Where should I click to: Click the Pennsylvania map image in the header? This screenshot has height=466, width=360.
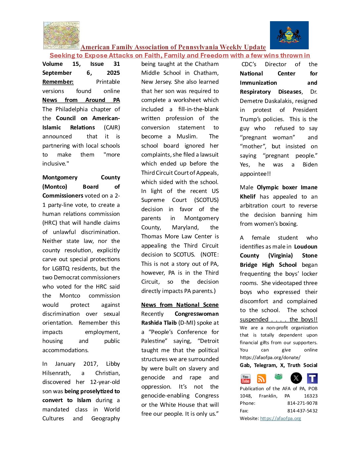pyautogui.click(x=62, y=35)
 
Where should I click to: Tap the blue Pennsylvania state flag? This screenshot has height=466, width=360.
pyautogui.click(x=289, y=35)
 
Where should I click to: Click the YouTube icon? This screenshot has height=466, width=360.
pyautogui.click(x=246, y=379)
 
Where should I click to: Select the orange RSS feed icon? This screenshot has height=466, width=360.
pyautogui.click(x=261, y=379)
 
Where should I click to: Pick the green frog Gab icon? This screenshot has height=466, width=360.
pyautogui.click(x=278, y=377)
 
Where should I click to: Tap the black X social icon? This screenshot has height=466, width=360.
pyautogui.click(x=296, y=378)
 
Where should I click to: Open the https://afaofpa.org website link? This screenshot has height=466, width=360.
pyautogui.click(x=280, y=418)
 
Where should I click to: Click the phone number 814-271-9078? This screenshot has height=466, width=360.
pyautogui.click(x=302, y=403)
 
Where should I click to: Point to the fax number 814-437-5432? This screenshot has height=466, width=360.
pyautogui.click(x=302, y=411)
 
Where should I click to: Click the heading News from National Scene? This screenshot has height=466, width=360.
pyautogui.click(x=180, y=305)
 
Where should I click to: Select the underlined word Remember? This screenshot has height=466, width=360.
pyautogui.click(x=58, y=82)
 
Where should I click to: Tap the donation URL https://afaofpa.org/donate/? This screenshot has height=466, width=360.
pyautogui.click(x=270, y=357)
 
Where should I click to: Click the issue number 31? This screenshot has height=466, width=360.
pyautogui.click(x=116, y=64)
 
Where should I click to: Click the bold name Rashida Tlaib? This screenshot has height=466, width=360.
pyautogui.click(x=159, y=323)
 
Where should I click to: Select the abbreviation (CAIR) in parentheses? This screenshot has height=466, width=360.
pyautogui.click(x=112, y=127)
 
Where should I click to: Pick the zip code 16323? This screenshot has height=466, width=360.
pyautogui.click(x=311, y=396)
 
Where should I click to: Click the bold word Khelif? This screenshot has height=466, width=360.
pyautogui.click(x=248, y=197)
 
